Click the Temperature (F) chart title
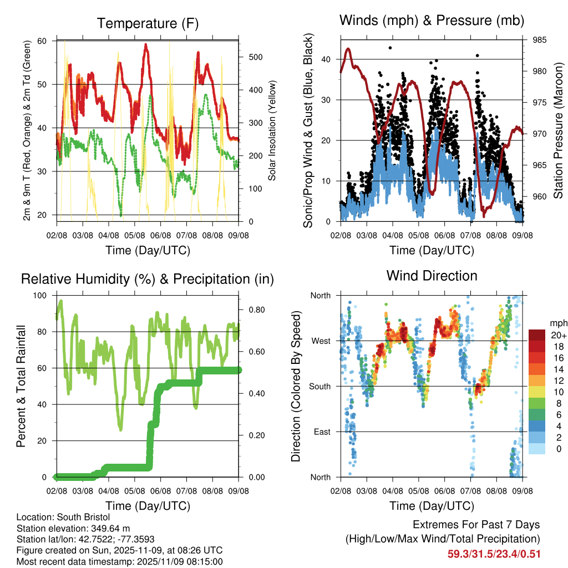pyautogui.click(x=148, y=23)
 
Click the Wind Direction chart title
pyautogui.click(x=432, y=275)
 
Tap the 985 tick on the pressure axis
pyautogui.click(x=540, y=40)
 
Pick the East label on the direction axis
pyautogui.click(x=321, y=432)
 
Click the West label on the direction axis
pyautogui.click(x=321, y=341)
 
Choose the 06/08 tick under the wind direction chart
pyautogui.click(x=444, y=491)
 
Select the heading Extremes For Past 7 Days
pyautogui.click(x=476, y=525)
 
